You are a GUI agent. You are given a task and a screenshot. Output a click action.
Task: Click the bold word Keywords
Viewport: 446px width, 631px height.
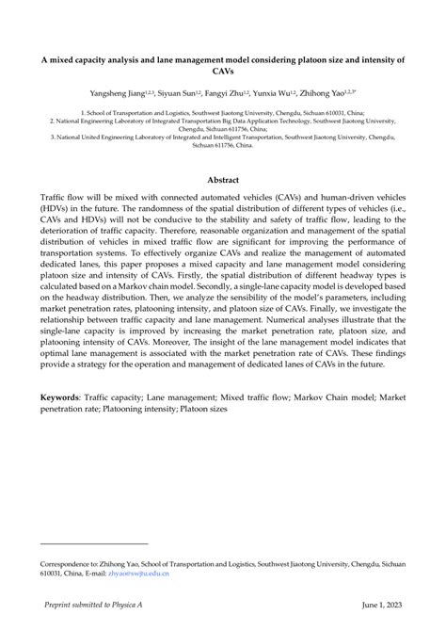[x=58, y=450]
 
